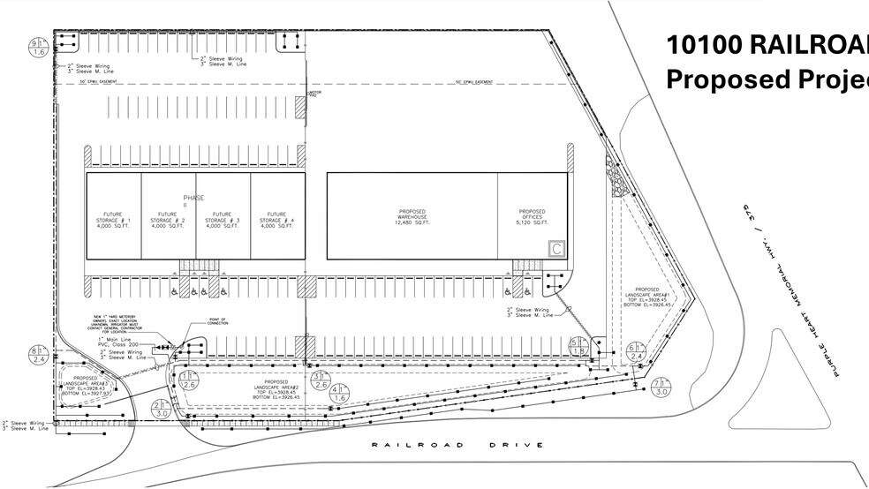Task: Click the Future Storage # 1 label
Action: pos(113,220)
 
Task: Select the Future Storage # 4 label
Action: pos(277,220)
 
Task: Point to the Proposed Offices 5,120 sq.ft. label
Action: pos(532,217)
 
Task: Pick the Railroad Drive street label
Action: pos(457,445)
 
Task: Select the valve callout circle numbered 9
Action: pos(38,48)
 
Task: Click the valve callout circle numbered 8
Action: pos(38,355)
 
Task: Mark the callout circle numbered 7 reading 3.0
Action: pos(662,386)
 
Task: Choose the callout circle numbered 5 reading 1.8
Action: pos(578,346)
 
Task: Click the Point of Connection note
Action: pos(217,321)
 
